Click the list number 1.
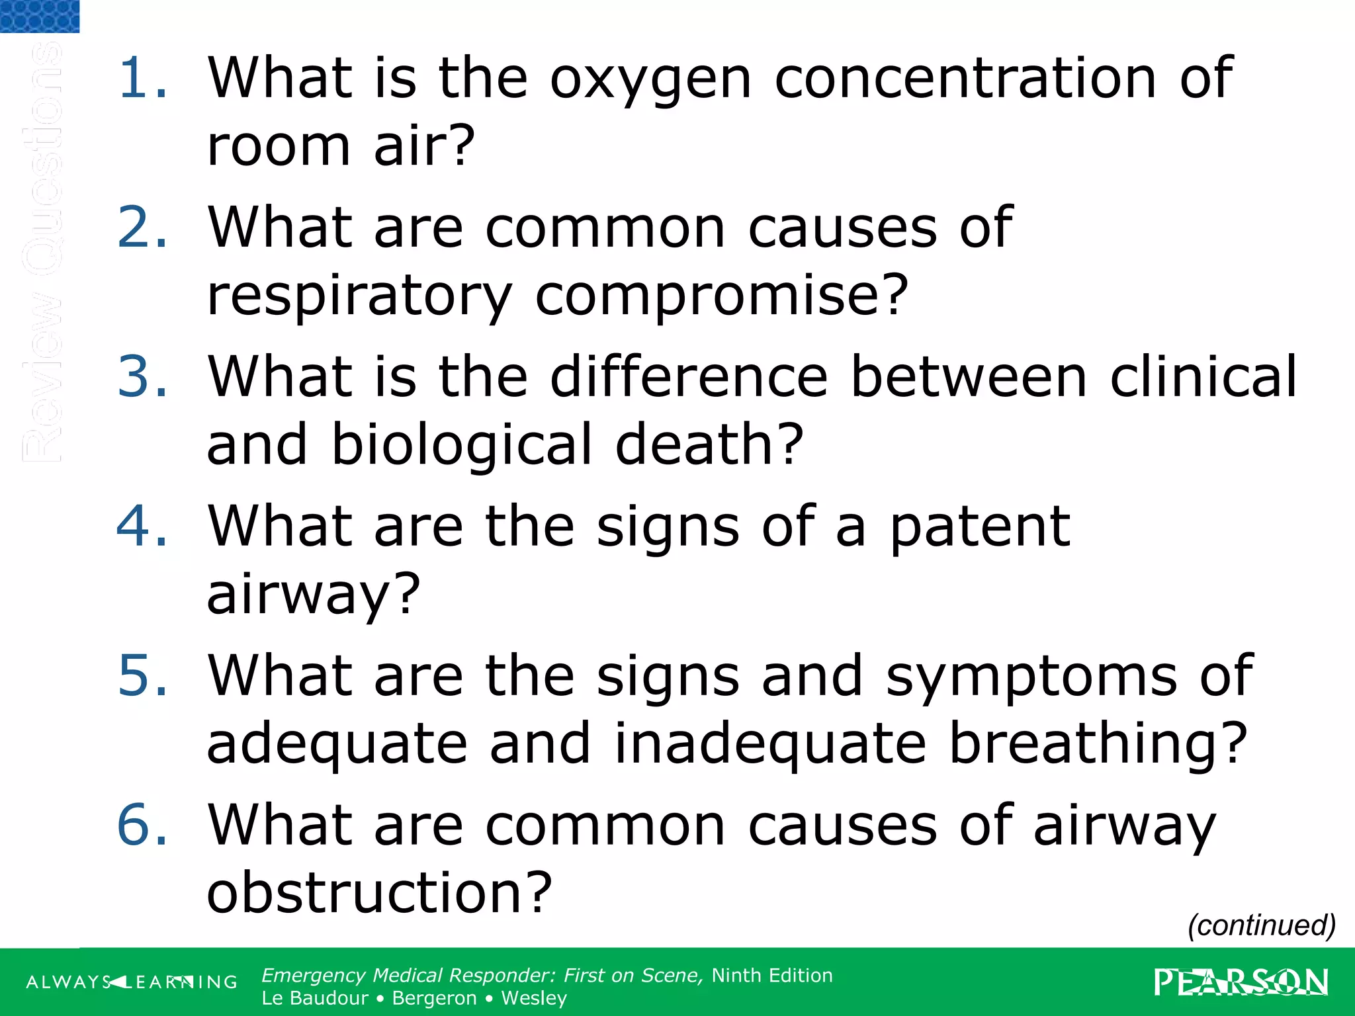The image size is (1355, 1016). coord(142,78)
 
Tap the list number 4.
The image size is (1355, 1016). coord(142,527)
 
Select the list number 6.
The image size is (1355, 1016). coord(142,825)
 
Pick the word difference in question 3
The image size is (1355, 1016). coord(689,376)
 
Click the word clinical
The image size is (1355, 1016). coord(1203,376)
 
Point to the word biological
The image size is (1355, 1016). coord(461,445)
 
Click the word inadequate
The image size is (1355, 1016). coord(770,745)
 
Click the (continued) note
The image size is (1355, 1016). coord(1261,925)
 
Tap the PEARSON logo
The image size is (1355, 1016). coord(1241,982)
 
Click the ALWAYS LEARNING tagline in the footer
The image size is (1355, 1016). coord(132,982)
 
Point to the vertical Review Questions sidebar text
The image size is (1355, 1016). coord(41,251)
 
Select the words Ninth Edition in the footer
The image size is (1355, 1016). coord(772,976)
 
